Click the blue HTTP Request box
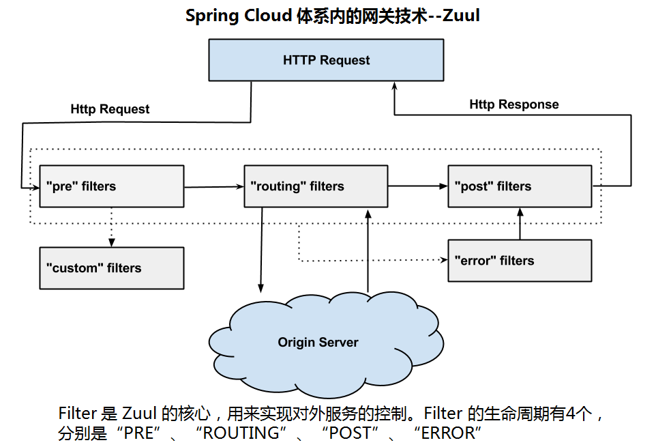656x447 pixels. [326, 60]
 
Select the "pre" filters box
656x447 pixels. [112, 186]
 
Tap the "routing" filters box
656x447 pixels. [316, 186]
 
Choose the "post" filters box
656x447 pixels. [520, 186]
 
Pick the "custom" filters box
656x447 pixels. [112, 268]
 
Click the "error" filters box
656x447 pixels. [520, 261]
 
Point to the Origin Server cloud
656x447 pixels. [318, 342]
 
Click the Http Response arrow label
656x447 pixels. [513, 104]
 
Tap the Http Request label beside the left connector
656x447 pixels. [110, 109]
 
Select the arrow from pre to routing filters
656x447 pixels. [213, 186]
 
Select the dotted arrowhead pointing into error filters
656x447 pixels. [443, 260]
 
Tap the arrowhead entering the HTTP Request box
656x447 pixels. [394, 87]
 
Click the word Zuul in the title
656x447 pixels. [462, 16]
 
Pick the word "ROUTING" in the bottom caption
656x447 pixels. [241, 433]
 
